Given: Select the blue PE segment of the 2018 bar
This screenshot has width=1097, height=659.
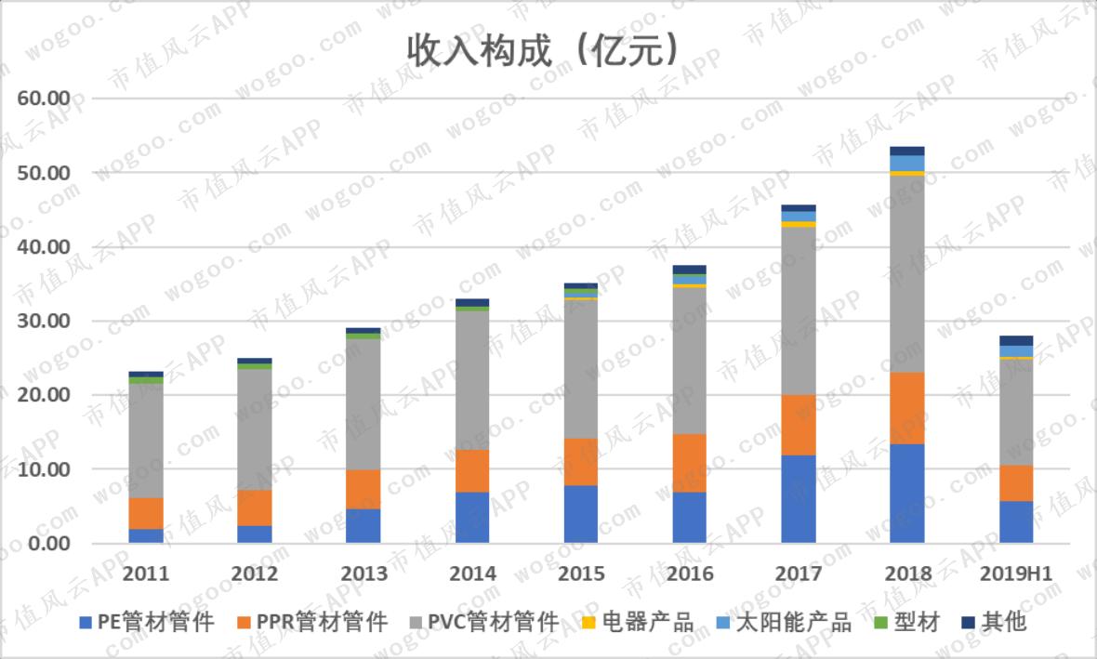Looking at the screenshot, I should click(x=907, y=494).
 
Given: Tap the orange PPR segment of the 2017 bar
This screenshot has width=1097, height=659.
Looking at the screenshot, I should click(x=799, y=425).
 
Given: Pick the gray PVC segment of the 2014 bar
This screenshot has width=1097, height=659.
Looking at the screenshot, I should click(x=472, y=380).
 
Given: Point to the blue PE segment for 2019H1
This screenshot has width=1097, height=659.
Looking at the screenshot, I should click(x=1016, y=521).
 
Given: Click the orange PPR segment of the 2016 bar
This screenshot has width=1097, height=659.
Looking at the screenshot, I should click(x=689, y=463).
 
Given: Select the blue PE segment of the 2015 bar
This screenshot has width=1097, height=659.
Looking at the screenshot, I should click(x=581, y=514).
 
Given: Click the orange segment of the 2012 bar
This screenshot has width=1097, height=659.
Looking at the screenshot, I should click(x=255, y=507).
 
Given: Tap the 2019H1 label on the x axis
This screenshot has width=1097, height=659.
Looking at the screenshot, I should click(x=1016, y=573).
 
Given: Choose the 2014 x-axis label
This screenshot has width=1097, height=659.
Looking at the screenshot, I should click(x=472, y=573).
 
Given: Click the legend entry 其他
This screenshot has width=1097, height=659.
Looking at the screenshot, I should click(x=994, y=622).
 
